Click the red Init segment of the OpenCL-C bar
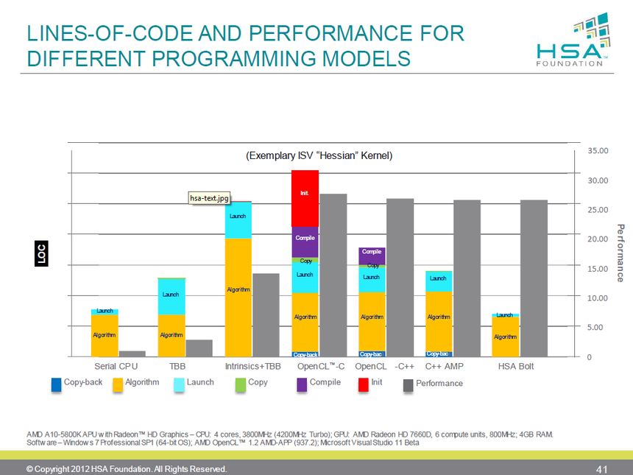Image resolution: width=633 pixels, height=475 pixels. [305, 197]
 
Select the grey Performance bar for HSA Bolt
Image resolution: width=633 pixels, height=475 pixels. [534, 278]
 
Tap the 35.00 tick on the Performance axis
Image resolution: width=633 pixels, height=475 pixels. [598, 150]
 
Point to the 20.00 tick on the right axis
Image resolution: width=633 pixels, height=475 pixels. [598, 239]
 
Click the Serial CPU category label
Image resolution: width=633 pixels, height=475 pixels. [116, 366]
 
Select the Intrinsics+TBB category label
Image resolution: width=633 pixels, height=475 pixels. [252, 366]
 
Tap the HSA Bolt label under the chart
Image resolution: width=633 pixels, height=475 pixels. [516, 366]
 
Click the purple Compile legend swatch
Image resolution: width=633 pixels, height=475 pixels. [302, 383]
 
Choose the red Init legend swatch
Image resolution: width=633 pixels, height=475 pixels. [364, 383]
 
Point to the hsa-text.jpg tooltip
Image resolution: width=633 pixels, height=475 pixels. [211, 197]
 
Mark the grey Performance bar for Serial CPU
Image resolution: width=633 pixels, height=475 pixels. [132, 353]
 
